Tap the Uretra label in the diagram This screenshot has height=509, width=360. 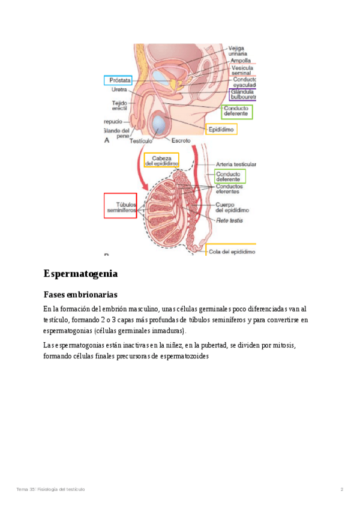tap(119, 90)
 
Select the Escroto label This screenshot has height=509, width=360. tap(181, 140)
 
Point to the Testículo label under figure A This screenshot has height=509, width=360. tap(140, 141)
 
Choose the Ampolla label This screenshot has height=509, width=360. tap(241, 61)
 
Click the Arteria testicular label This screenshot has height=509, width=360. tap(236, 164)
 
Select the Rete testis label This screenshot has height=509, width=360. tap(229, 220)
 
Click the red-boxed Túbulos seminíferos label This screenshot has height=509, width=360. tap(120, 206)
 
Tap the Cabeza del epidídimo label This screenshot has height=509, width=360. tap(161, 160)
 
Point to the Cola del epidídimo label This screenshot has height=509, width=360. tap(232, 252)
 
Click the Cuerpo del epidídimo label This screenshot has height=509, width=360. tap(233, 208)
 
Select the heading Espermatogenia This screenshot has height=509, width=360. tap(80, 274)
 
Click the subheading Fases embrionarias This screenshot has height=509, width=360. tap(80, 295)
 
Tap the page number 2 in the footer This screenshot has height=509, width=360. tap(341, 490)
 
